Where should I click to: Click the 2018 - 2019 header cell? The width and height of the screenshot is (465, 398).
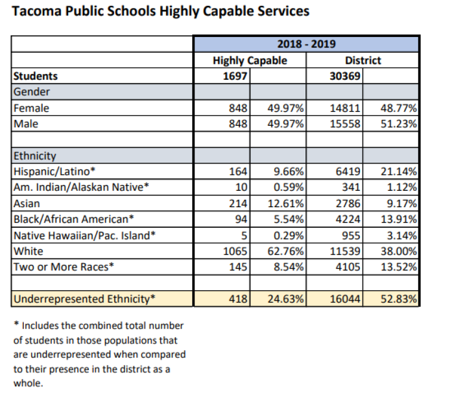coord(306,44)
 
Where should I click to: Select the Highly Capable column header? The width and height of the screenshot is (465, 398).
coord(250,60)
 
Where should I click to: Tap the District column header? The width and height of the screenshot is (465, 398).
coord(362,60)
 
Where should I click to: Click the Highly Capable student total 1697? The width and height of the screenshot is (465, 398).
coord(235,76)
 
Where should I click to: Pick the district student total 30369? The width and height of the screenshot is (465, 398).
coord(345,76)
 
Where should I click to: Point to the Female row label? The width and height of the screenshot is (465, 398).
coord(31,108)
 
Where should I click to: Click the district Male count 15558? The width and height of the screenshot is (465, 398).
coord(345,124)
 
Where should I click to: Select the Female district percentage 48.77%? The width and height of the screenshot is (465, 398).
coord(398,108)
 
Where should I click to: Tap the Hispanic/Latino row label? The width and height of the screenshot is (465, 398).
coord(54,171)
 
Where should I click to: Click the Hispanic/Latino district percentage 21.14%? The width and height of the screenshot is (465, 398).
coord(398,171)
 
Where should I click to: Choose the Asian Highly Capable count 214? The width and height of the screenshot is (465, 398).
coord(238,203)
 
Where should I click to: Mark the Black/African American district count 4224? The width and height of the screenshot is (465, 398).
coord(348,219)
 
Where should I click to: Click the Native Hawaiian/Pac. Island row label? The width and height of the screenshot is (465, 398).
coord(85,236)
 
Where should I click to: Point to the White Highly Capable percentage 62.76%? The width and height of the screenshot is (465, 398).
coord(285,251)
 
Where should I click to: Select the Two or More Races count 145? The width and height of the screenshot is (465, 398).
coord(238,267)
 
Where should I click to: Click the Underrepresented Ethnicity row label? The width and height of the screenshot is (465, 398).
coord(84,299)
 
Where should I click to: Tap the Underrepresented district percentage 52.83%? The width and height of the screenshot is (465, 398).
coord(398,299)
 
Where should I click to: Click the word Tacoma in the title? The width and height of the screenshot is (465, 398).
coord(37,11)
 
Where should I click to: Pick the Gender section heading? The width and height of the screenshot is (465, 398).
coord(31,92)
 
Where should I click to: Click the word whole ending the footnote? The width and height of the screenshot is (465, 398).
coord(28,383)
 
